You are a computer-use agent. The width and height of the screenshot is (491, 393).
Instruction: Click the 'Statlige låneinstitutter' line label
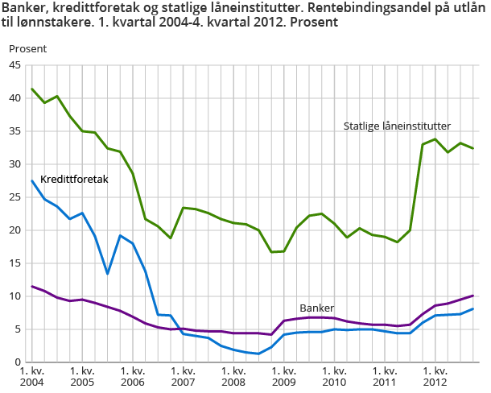tap(397, 126)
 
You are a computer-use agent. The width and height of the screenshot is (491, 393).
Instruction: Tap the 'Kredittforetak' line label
tap(74, 179)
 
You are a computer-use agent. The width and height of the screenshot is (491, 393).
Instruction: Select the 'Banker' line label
tap(316, 308)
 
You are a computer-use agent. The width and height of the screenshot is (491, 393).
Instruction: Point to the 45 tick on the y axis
tap(15, 65)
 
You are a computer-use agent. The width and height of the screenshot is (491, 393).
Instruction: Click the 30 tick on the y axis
tap(15, 164)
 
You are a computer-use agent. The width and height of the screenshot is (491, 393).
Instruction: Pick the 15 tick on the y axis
tap(15, 263)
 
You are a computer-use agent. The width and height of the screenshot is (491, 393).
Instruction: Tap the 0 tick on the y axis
tap(19, 362)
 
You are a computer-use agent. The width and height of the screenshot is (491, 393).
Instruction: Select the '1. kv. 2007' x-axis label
tap(183, 377)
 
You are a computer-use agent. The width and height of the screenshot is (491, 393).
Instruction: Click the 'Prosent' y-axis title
tap(28, 48)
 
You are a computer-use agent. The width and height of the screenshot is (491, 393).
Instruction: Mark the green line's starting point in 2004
tap(31, 89)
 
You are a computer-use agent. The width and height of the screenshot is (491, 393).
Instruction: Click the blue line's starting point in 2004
tap(31, 180)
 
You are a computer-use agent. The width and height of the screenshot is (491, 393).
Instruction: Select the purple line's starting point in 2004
tap(31, 286)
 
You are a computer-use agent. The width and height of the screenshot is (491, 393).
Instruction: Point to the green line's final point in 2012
tap(473, 148)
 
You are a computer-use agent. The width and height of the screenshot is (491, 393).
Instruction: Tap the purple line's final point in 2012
tap(473, 296)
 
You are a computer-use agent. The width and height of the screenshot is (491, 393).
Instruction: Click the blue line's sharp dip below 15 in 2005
tap(107, 274)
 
